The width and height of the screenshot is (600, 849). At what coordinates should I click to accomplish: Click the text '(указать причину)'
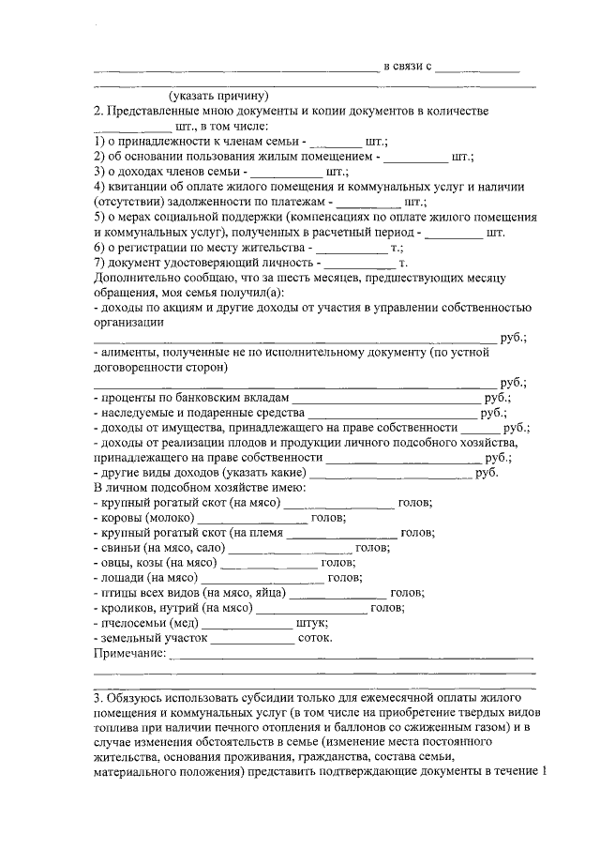tap(219, 95)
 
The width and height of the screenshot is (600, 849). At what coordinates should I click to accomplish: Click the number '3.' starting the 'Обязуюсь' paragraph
tap(98, 700)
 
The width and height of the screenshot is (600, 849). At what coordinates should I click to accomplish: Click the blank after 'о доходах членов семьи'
tap(286, 173)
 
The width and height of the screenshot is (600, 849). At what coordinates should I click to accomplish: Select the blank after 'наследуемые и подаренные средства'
tap(392, 413)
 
